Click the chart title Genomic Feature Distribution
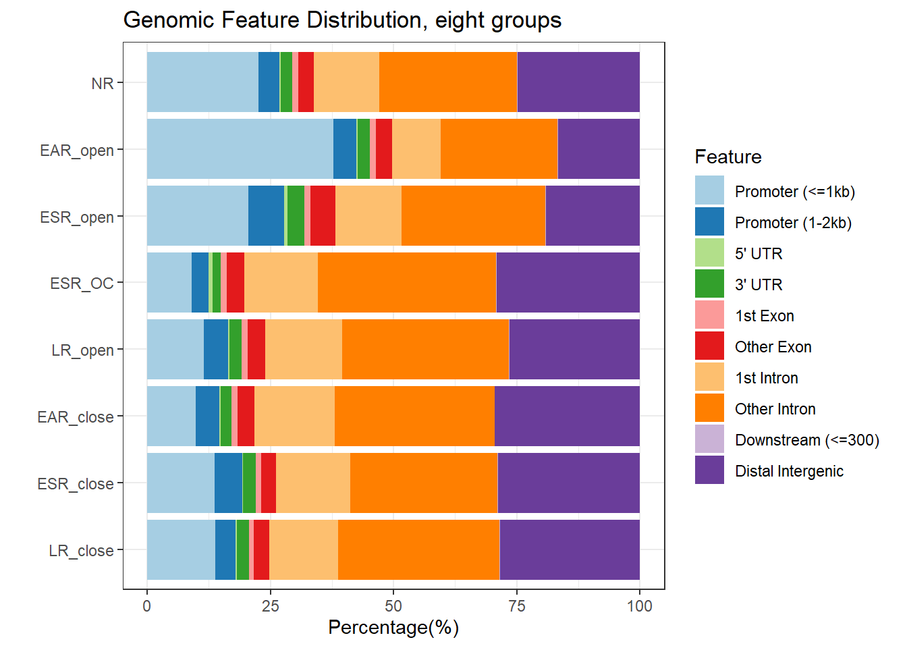click(342, 20)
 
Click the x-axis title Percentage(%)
click(393, 628)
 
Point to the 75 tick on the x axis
click(516, 606)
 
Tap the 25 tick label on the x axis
click(270, 606)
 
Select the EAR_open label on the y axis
click(76, 151)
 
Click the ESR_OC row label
click(82, 283)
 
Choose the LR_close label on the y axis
click(81, 551)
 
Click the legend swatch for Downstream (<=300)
click(709, 439)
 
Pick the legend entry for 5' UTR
click(759, 254)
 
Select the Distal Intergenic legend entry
click(789, 471)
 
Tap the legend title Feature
click(727, 157)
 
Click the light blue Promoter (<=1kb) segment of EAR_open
click(240, 149)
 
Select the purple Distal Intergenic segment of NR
click(578, 82)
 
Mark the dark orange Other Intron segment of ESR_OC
click(406, 283)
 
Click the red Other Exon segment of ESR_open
click(323, 216)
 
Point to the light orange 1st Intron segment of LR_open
click(304, 350)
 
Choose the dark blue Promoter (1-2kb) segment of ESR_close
click(228, 483)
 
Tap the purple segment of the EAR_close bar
click(567, 416)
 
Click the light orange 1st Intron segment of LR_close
click(304, 550)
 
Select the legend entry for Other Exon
click(773, 347)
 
